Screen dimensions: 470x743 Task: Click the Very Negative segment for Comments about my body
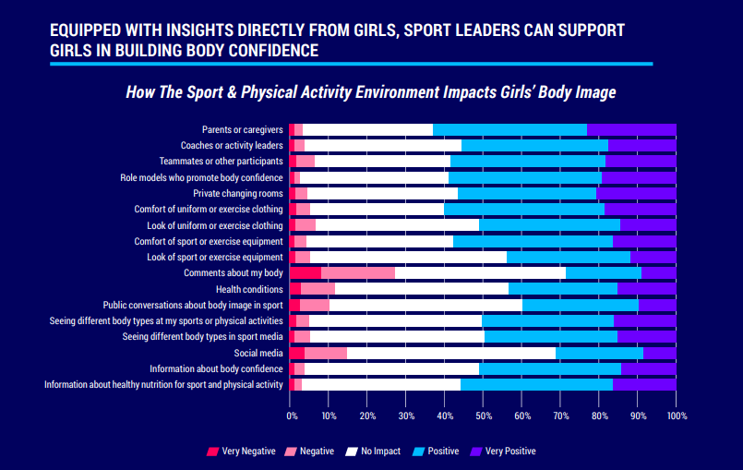(x=305, y=272)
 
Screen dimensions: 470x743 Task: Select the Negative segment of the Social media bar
(x=325, y=353)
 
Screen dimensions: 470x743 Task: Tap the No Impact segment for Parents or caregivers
(x=367, y=129)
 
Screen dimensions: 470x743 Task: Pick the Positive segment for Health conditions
(x=562, y=289)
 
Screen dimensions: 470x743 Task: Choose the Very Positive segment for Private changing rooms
(x=636, y=193)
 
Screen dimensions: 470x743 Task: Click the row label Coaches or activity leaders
(x=232, y=146)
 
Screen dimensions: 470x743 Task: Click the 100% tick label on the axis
(x=677, y=417)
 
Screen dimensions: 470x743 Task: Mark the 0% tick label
(x=293, y=417)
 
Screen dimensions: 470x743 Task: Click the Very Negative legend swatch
(x=213, y=452)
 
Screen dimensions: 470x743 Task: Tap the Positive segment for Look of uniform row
(x=549, y=224)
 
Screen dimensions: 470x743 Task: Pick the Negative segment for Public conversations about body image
(x=315, y=305)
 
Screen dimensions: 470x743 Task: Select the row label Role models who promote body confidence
(x=201, y=177)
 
